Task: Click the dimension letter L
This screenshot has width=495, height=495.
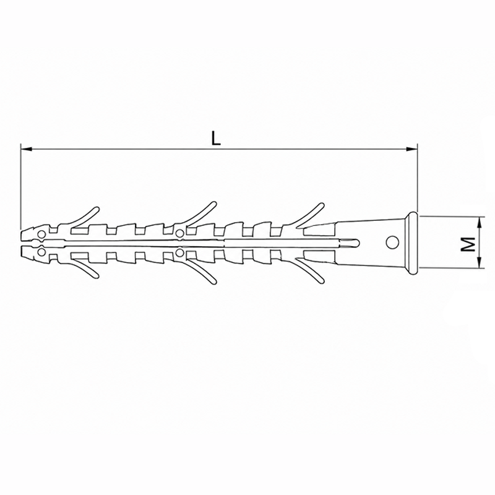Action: click(x=216, y=138)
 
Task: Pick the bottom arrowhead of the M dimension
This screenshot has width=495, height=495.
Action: click(x=480, y=262)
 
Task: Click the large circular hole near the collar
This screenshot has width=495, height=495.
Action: click(x=392, y=242)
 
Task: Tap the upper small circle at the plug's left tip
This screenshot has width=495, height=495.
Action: click(x=41, y=235)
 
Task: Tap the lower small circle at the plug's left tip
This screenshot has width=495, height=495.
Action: click(x=41, y=252)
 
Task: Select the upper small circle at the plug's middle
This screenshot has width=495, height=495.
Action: click(x=179, y=234)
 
